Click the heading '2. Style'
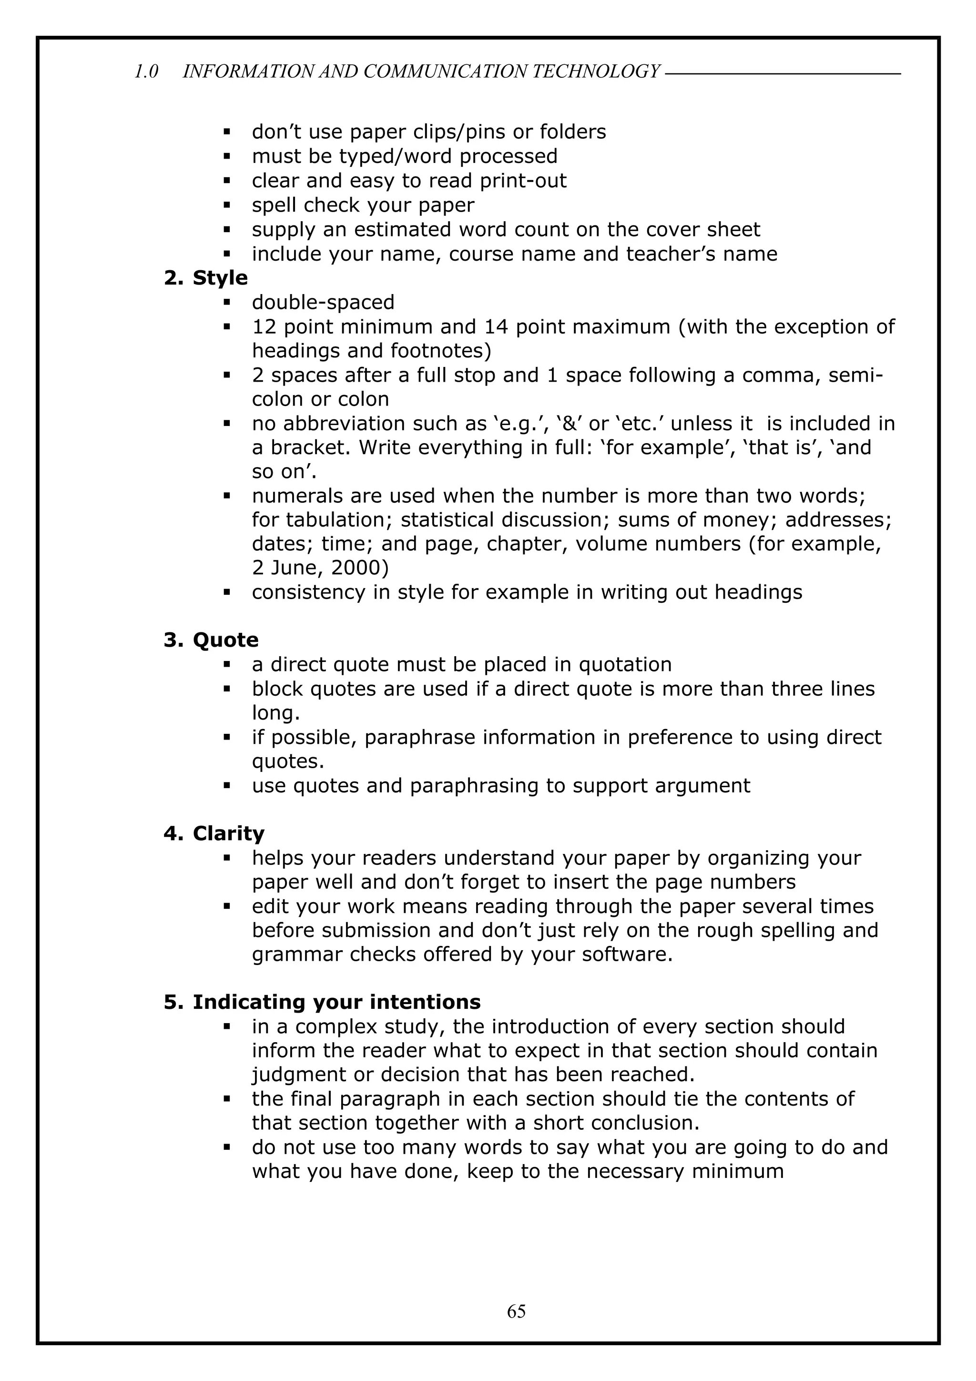click(x=206, y=278)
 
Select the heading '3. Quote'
click(x=211, y=640)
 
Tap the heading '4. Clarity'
click(x=214, y=833)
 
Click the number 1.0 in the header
click(x=146, y=71)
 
